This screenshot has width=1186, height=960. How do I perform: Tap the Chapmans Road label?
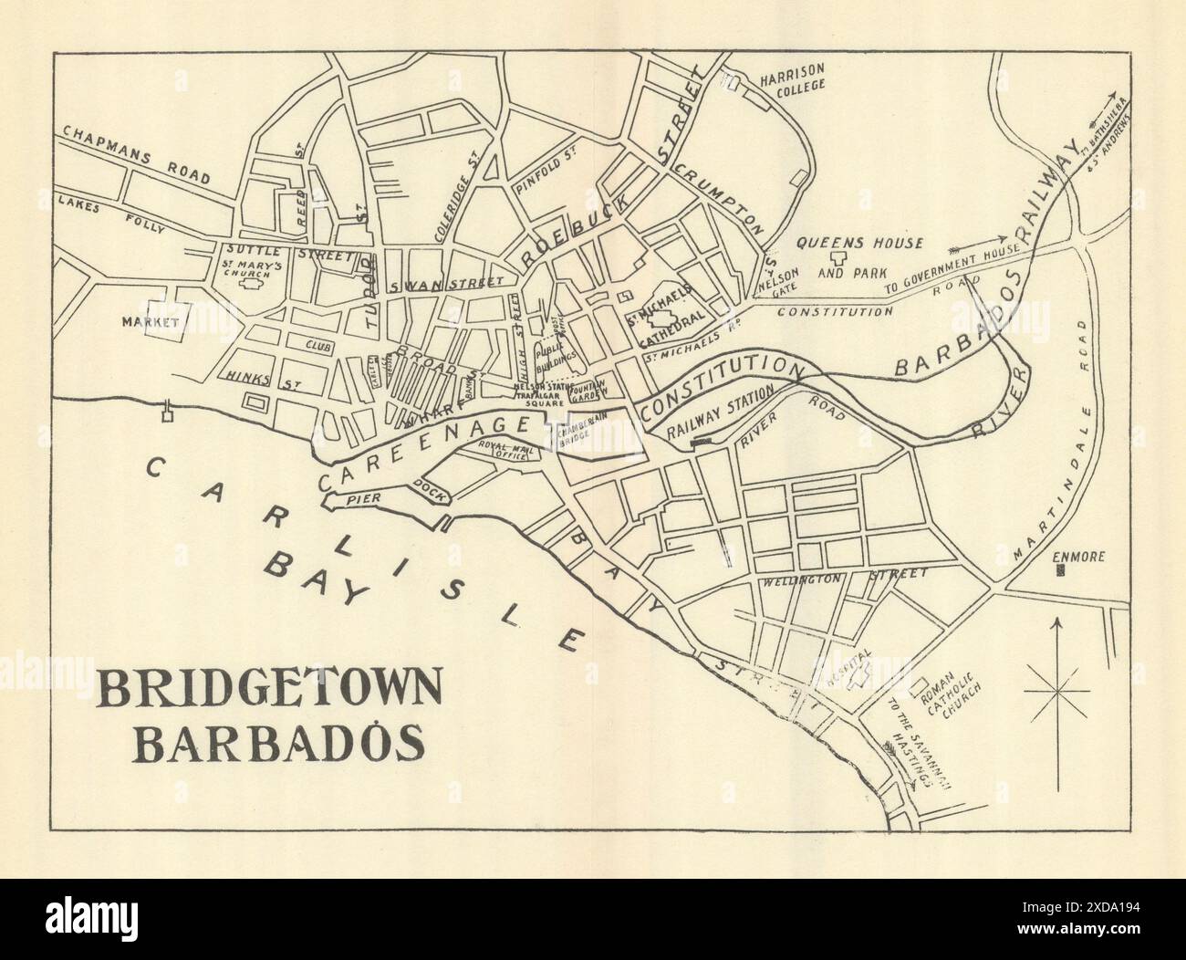[x=136, y=154]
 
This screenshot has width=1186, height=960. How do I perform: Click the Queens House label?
[x=860, y=244]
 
